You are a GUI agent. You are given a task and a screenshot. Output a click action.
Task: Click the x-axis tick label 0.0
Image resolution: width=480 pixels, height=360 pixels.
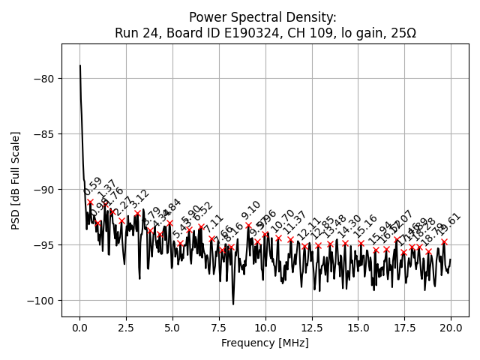(x=79, y=328)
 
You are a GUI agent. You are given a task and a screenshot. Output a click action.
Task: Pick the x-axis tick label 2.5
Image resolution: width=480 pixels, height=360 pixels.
(x=126, y=328)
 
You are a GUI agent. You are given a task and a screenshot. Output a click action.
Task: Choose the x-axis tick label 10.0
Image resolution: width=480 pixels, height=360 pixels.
(x=265, y=328)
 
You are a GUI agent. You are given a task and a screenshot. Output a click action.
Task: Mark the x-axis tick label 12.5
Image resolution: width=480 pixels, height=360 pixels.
(x=311, y=328)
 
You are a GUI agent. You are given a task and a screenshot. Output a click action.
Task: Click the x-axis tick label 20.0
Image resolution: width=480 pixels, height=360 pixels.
(x=451, y=328)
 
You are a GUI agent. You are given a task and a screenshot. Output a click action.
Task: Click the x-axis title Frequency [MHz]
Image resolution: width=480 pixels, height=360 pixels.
(x=265, y=343)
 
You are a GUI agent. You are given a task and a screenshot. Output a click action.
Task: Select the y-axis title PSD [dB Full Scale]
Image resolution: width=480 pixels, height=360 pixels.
(x=16, y=180)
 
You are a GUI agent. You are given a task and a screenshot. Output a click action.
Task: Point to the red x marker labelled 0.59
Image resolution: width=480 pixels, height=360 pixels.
(x=91, y=202)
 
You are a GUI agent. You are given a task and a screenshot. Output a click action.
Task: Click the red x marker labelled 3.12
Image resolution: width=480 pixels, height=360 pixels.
(x=137, y=214)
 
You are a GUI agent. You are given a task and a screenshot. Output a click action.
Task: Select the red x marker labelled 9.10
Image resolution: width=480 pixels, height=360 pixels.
(x=248, y=225)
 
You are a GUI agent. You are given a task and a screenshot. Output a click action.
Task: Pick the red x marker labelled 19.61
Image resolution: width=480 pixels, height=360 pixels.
(x=444, y=242)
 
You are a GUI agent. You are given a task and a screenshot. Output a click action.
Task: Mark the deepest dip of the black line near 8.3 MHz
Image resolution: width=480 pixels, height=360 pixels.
(x=233, y=304)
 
